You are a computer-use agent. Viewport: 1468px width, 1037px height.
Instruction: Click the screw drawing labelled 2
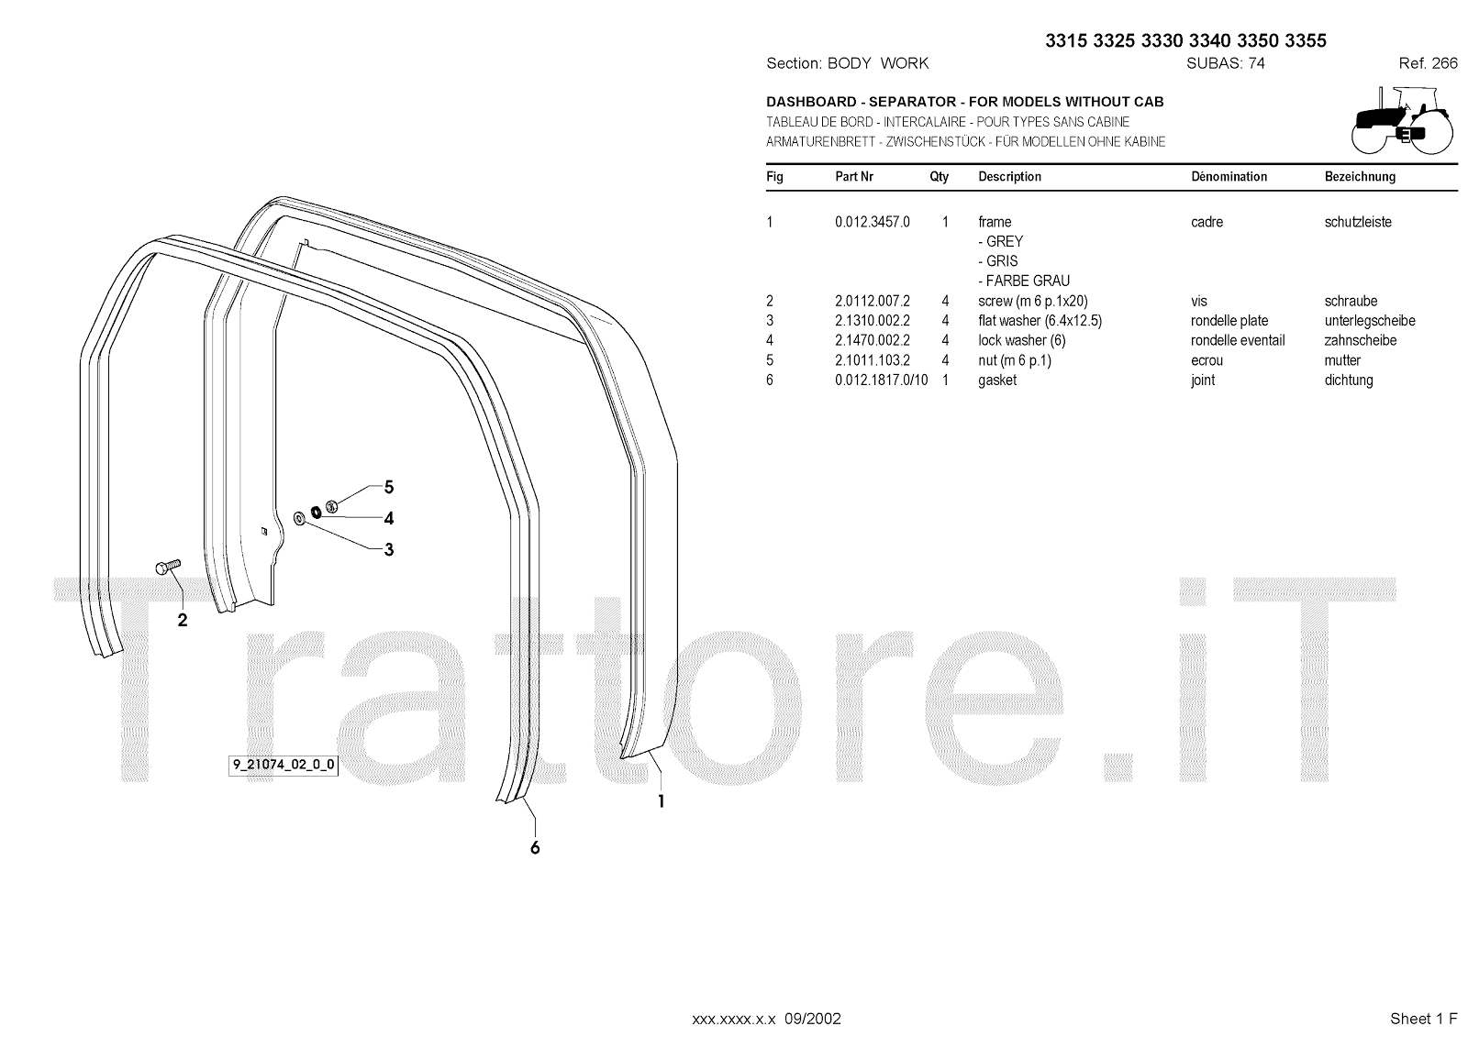(170, 567)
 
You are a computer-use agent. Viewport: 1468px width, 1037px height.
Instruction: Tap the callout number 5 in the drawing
(389, 487)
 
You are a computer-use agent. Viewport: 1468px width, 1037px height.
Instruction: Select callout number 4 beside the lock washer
(389, 519)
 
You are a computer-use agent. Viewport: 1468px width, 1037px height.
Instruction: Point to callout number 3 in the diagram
(389, 550)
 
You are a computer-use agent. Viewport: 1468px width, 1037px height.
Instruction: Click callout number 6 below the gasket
(535, 848)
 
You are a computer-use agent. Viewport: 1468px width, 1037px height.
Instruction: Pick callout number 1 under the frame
(661, 801)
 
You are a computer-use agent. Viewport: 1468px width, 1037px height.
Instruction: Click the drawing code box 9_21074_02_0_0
(283, 766)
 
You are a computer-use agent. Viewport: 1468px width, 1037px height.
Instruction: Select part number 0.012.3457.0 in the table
(872, 222)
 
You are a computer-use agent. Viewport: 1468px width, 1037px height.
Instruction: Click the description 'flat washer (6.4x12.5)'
(1040, 321)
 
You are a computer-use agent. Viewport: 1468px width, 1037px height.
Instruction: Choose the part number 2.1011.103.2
(872, 360)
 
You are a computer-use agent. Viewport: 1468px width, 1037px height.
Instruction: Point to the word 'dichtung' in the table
(1349, 381)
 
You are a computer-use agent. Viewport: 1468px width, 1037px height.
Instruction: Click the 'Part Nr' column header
(854, 177)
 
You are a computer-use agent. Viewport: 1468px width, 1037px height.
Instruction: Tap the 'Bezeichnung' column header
(1360, 177)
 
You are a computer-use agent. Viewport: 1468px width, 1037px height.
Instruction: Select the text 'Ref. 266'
(1428, 63)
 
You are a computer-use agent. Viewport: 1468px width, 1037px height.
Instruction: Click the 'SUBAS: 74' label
(1225, 63)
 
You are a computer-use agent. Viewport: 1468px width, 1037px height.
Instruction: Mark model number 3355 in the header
(1306, 40)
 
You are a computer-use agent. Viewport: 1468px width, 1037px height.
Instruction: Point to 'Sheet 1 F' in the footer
(1423, 1019)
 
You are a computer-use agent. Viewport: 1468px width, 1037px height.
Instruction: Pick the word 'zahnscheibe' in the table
(1361, 341)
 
